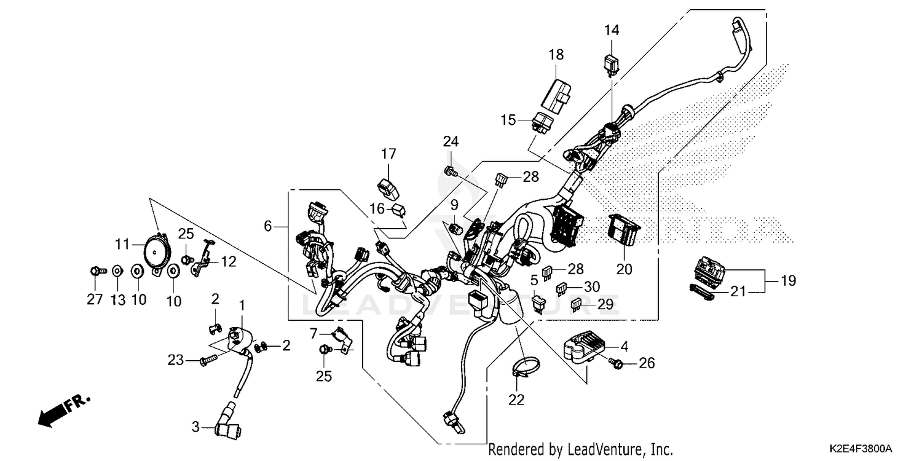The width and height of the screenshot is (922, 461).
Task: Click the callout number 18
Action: click(556, 55)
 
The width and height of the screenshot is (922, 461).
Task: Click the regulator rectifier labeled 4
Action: click(583, 348)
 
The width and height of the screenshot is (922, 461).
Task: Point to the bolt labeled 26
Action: click(617, 364)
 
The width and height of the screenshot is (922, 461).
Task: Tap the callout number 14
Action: click(612, 30)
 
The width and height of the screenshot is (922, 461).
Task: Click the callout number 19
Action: click(787, 281)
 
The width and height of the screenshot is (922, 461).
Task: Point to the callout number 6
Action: click(267, 226)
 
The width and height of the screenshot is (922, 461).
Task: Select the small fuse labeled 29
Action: click(577, 304)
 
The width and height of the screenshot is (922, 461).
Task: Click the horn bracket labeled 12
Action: click(205, 259)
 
